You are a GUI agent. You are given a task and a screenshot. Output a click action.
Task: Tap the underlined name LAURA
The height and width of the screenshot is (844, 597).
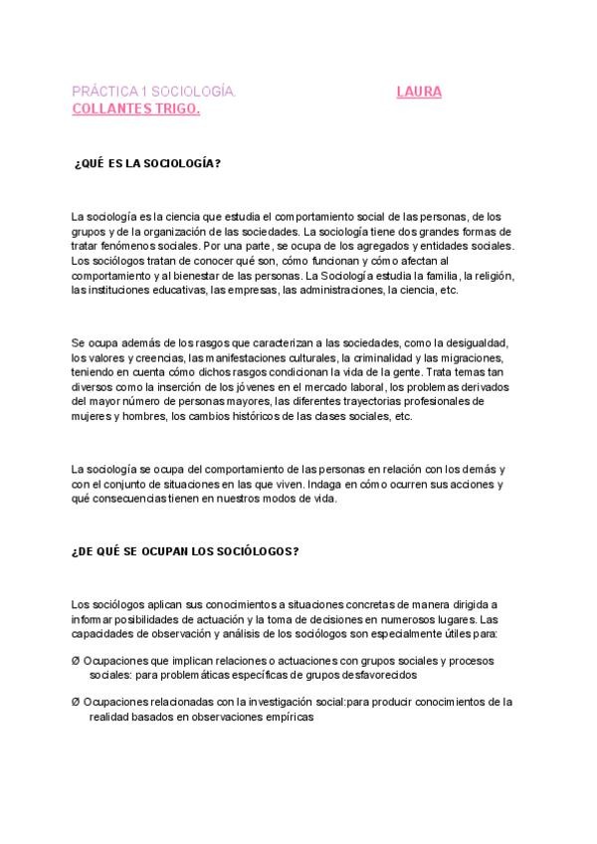tap(419, 92)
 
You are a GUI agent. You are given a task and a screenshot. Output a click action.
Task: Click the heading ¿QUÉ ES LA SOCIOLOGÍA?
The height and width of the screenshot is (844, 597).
tap(147, 163)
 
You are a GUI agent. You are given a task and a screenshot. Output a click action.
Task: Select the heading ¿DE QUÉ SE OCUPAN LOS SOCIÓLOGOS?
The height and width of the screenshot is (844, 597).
tap(185, 550)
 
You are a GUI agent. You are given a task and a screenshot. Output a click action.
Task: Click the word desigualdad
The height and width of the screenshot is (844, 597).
tap(474, 341)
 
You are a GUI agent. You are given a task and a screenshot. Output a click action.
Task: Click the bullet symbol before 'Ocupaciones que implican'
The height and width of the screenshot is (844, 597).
tap(77, 661)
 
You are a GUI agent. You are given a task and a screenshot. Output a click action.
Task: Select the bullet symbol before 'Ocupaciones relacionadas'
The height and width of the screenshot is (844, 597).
tap(77, 702)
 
